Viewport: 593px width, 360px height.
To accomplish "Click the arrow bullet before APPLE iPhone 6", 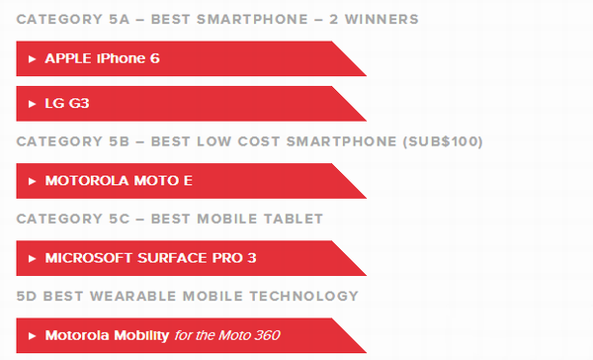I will click(33, 59).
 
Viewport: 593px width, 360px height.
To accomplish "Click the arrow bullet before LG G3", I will click(33, 104).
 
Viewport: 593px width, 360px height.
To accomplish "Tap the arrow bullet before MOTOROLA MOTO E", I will click(33, 182).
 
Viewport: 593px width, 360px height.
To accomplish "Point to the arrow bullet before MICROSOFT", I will click(33, 259).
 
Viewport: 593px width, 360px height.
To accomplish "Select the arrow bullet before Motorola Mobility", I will click(33, 336).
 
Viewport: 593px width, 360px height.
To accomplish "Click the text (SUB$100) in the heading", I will click(442, 141).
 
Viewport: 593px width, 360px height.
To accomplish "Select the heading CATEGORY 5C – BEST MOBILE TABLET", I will click(169, 219).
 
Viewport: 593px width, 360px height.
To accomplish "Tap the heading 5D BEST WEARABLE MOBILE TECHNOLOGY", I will click(187, 296).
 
